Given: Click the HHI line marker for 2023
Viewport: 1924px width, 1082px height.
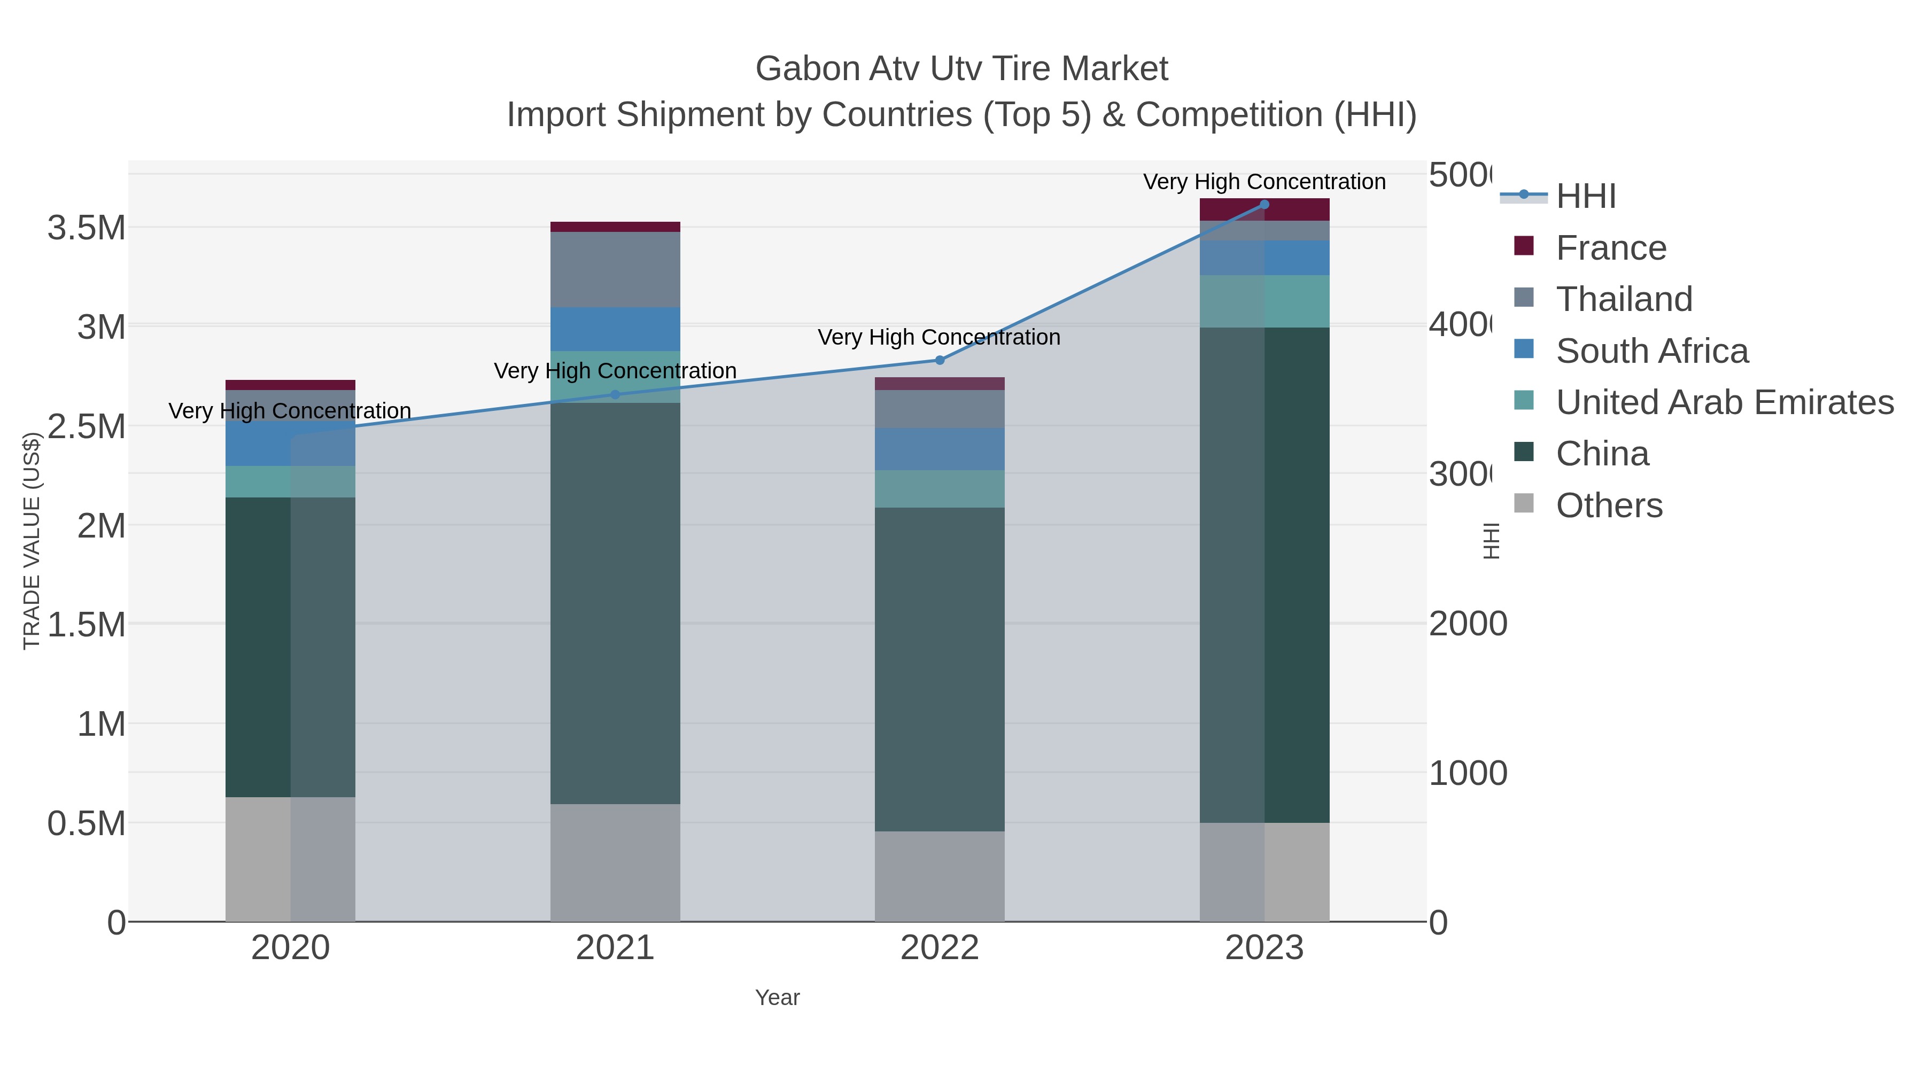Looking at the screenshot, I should click(1264, 204).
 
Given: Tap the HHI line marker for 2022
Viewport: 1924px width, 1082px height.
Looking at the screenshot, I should click(940, 360).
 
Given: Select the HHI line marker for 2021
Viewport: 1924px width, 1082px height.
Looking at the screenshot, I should click(616, 394).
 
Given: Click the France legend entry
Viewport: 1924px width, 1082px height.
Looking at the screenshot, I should click(1610, 248).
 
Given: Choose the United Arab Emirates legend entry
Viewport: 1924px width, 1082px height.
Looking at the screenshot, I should click(1724, 402).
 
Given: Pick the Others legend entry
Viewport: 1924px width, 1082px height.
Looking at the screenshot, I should click(1609, 505).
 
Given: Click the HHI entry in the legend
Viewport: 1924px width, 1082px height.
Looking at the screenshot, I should click(1585, 197).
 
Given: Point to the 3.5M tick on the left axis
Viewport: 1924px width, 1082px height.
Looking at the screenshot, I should click(87, 228).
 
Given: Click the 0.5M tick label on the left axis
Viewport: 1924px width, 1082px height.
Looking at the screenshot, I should click(87, 823).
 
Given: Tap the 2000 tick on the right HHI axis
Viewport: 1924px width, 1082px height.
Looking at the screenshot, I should click(1467, 624).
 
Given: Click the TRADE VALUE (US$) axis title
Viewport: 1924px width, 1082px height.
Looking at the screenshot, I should click(32, 541).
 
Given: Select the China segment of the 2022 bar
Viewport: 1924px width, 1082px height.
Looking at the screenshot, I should click(939, 669).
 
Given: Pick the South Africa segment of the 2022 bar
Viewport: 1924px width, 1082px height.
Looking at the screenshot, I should click(939, 449).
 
